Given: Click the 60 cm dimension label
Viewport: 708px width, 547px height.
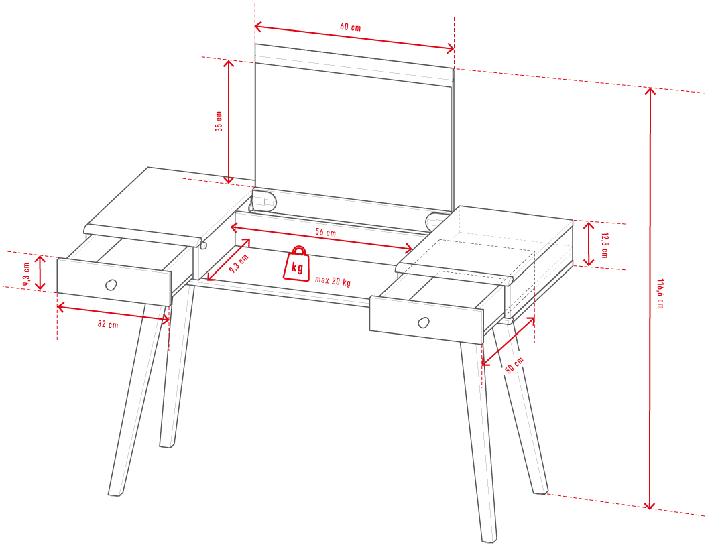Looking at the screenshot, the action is (x=351, y=27).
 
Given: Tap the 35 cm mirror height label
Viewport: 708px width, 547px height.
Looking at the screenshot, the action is (x=219, y=121).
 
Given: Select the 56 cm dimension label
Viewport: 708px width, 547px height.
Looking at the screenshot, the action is (x=326, y=233).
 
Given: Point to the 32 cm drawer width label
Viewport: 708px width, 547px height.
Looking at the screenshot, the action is (x=108, y=324).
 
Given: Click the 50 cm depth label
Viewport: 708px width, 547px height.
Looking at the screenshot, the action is (x=514, y=365).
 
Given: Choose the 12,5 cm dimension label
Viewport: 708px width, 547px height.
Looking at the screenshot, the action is (x=604, y=245).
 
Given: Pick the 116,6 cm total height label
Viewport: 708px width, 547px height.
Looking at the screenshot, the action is (x=660, y=294).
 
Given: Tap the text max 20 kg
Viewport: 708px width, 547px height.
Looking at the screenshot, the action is (x=333, y=281).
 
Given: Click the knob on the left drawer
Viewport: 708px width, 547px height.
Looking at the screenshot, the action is (x=111, y=285).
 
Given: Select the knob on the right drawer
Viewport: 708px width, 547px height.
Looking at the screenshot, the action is (x=424, y=322).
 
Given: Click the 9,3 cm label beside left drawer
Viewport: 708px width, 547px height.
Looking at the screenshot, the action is (x=26, y=274).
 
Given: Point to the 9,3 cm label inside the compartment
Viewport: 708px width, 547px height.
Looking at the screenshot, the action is (x=239, y=263).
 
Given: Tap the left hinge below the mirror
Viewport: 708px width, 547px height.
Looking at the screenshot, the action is (x=263, y=201).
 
